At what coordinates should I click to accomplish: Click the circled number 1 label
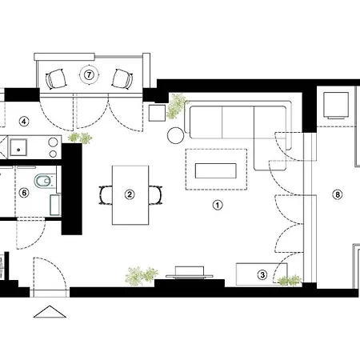(218, 205)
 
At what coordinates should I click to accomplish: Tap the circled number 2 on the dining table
(130, 194)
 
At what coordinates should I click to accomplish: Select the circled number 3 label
(262, 274)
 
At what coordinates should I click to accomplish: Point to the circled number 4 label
(24, 122)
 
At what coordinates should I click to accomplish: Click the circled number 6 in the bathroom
(24, 193)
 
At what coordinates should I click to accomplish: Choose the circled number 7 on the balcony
(89, 74)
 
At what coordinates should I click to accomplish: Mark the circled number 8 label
(338, 194)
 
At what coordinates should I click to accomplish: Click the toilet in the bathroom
(44, 182)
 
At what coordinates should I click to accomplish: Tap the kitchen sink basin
(18, 148)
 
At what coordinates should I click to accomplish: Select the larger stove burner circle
(53, 142)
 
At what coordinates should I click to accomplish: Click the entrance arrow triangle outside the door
(50, 312)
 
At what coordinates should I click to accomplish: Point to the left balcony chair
(56, 79)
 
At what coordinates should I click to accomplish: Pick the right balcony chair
(122, 78)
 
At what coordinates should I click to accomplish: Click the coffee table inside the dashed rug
(216, 170)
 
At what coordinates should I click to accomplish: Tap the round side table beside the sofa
(175, 135)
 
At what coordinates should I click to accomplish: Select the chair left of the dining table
(106, 195)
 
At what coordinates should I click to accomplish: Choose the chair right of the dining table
(155, 195)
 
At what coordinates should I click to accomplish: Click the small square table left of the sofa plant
(157, 113)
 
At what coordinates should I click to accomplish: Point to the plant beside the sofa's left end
(177, 106)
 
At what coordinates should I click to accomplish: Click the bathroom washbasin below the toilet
(55, 205)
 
